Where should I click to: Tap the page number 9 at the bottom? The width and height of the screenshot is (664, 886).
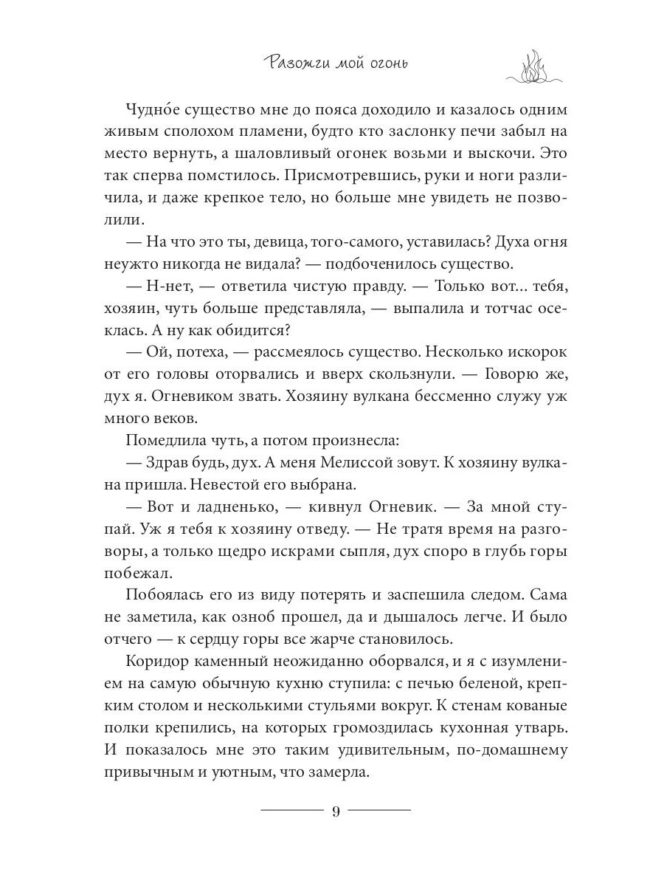(x=335, y=811)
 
